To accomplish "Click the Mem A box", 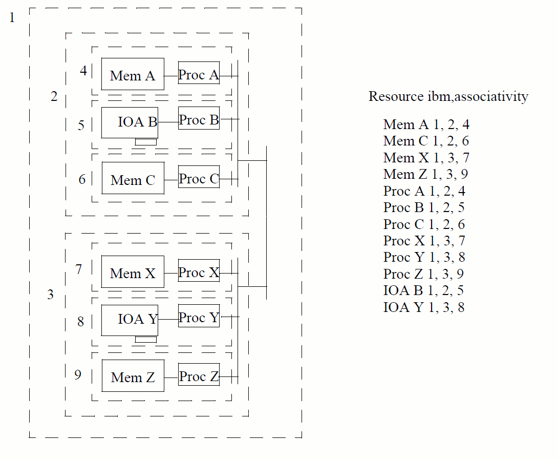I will [x=133, y=74].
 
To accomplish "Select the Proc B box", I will [x=199, y=118].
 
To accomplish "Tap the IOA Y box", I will [x=130, y=320].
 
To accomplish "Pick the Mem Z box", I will [x=133, y=375].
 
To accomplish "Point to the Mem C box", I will [x=133, y=178].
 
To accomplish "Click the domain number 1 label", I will [x=12, y=18].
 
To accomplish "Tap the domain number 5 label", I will [x=81, y=125].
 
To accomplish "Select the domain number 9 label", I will [x=78, y=375].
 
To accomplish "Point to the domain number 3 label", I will [x=50, y=295].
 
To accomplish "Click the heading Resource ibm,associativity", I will [x=448, y=96].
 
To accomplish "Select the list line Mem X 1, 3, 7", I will [x=426, y=158].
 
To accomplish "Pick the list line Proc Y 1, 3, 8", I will [x=424, y=257].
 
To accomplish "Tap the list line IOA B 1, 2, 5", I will [x=423, y=290].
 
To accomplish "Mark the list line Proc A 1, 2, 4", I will [x=424, y=191].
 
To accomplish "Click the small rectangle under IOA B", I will [x=146, y=142].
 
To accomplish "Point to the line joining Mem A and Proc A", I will [x=171, y=76].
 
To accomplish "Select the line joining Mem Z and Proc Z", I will [x=171, y=378].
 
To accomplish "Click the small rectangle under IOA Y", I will [x=146, y=339].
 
